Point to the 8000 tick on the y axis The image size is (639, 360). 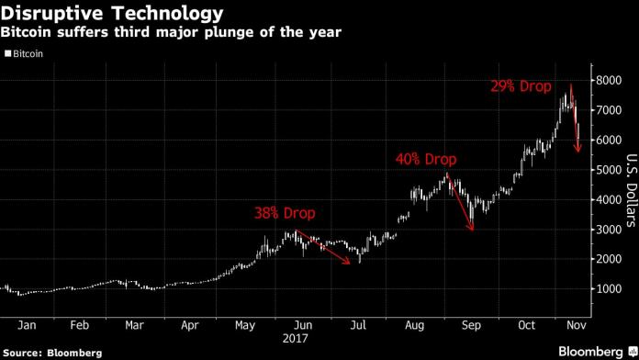click(x=608, y=80)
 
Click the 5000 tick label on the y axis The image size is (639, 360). click(x=608, y=170)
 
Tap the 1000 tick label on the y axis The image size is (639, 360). click(x=608, y=288)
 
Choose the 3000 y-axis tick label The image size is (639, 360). click(x=608, y=230)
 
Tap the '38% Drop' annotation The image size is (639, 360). click(x=286, y=213)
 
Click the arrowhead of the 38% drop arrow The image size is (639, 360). click(x=350, y=264)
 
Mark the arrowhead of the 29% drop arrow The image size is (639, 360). click(x=578, y=152)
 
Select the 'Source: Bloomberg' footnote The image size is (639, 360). click(x=52, y=352)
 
